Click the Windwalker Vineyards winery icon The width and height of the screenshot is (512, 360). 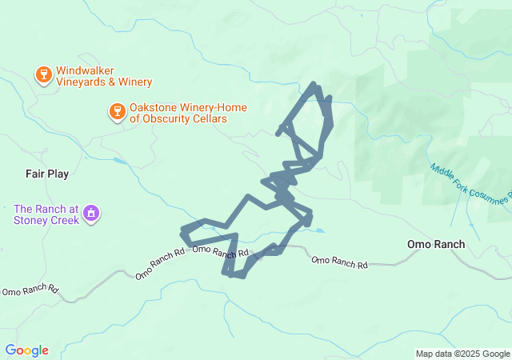(43, 75)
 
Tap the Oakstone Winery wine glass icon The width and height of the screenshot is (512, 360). (117, 112)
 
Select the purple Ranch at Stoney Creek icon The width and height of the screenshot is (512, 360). (92, 214)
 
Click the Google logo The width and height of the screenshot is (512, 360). (26, 350)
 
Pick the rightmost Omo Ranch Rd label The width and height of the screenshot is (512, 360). (339, 261)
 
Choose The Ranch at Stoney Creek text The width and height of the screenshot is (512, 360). (46, 214)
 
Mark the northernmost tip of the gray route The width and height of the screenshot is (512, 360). (314, 83)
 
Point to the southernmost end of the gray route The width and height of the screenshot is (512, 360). (237, 277)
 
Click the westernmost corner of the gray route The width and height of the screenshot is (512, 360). (183, 232)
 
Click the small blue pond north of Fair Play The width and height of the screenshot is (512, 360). (120, 161)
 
